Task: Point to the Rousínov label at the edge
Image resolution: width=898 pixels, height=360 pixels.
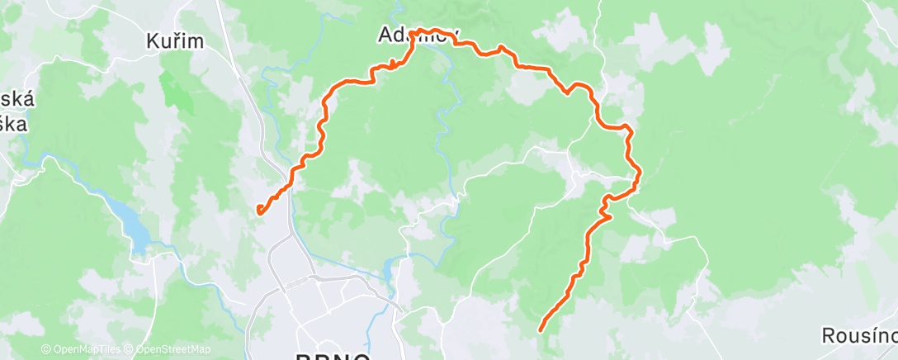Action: click(x=859, y=336)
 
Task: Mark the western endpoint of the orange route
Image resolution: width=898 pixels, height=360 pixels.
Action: click(x=258, y=210)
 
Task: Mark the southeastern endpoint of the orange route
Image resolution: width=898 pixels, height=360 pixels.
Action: click(x=541, y=330)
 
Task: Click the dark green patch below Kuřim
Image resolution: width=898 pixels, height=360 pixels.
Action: click(x=174, y=92)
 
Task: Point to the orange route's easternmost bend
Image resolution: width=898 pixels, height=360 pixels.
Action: click(x=639, y=171)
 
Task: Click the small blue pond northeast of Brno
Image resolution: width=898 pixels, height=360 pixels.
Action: click(x=389, y=268)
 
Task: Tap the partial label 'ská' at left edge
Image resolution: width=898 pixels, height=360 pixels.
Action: click(x=17, y=99)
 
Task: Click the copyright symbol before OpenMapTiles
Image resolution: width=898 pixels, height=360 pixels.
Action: click(x=45, y=350)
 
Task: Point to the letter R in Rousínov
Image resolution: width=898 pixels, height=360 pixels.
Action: click(x=828, y=336)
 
